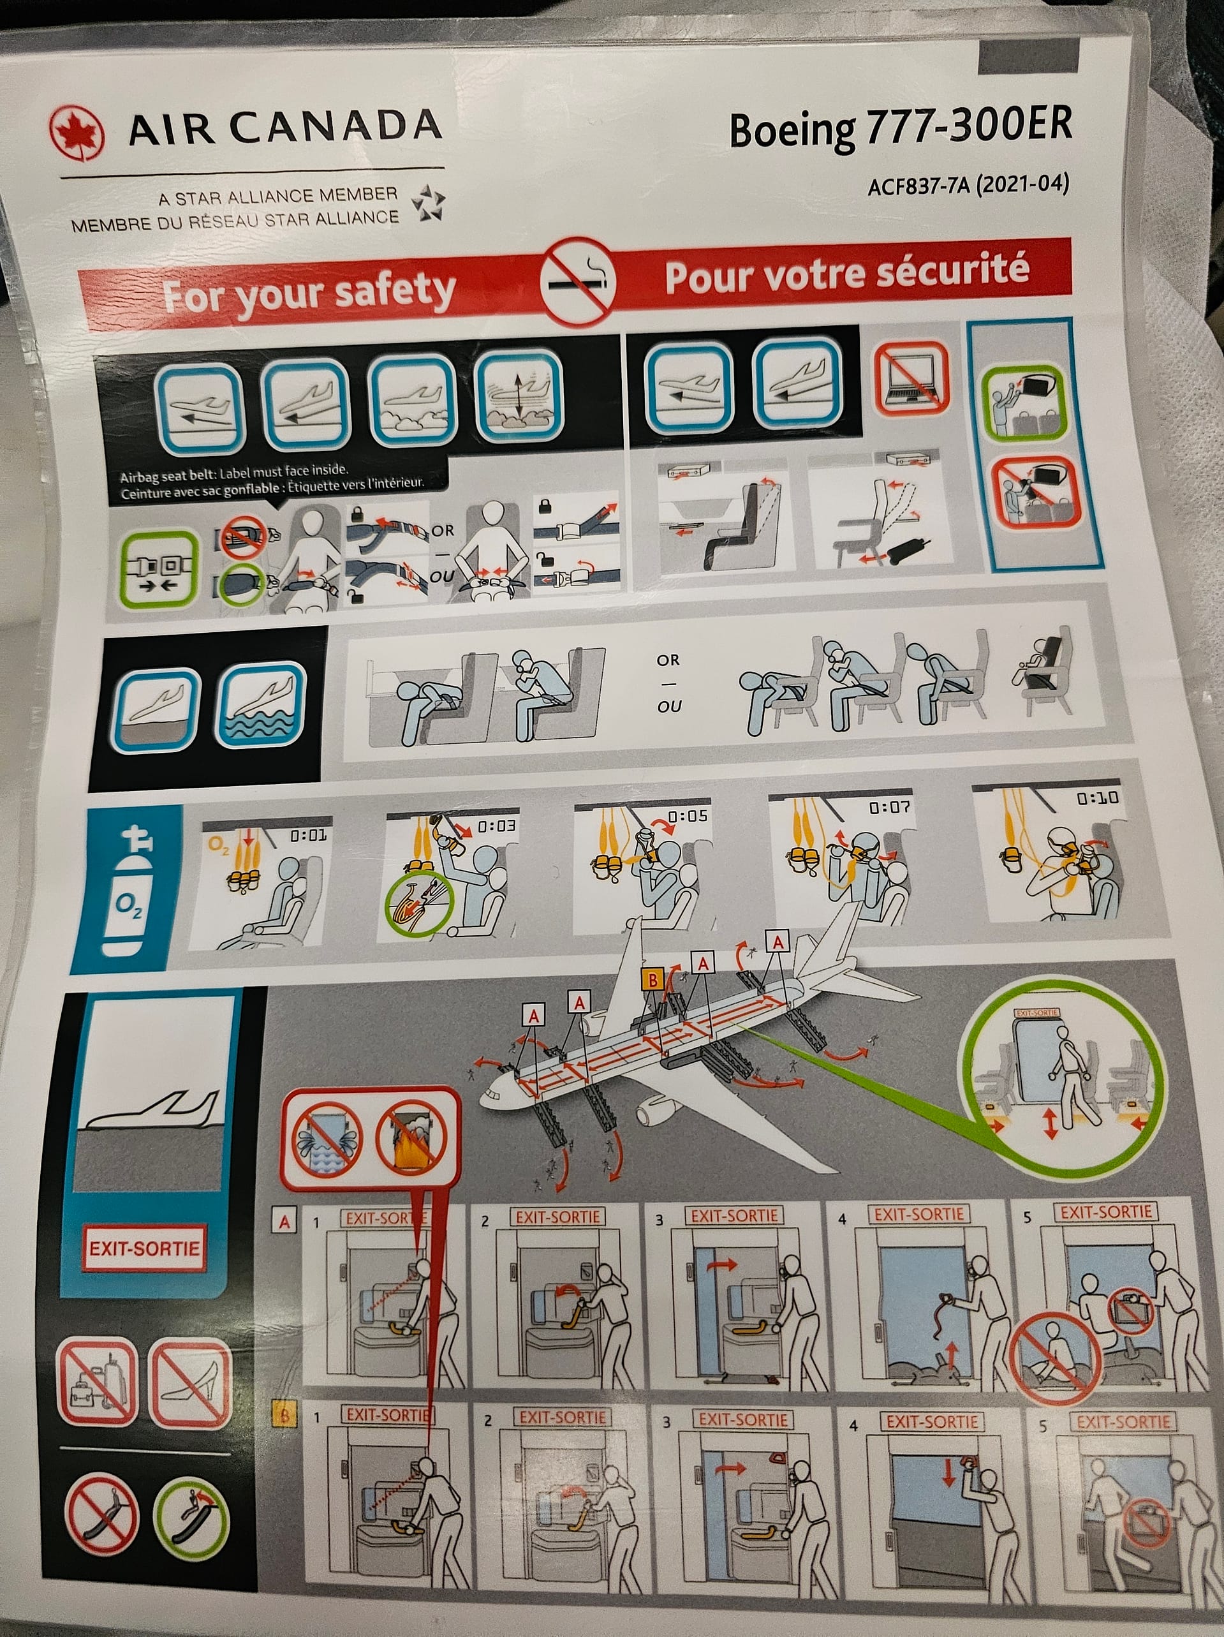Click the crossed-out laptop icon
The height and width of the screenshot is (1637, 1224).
pos(910,378)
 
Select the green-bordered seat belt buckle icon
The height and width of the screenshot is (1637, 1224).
pos(158,568)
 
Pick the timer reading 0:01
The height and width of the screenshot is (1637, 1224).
pos(308,836)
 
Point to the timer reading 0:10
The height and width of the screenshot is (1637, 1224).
pos(1098,799)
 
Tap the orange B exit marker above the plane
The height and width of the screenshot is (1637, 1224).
pos(653,981)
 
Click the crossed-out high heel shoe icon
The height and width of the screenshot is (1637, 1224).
pos(189,1384)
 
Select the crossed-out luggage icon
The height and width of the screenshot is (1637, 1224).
pos(98,1381)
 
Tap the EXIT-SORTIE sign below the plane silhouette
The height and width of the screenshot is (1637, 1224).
pos(144,1248)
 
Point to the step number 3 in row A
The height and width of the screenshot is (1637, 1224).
pos(659,1220)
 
